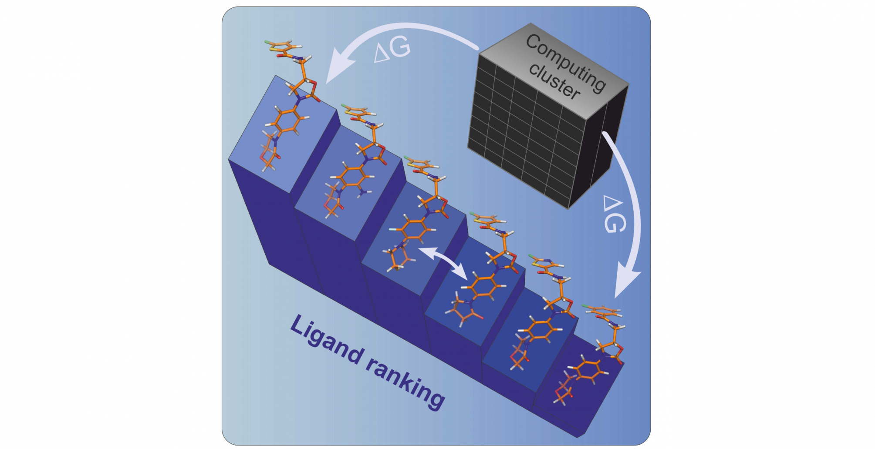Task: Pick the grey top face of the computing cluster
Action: (553, 65)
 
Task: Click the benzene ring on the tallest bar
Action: (287, 119)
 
